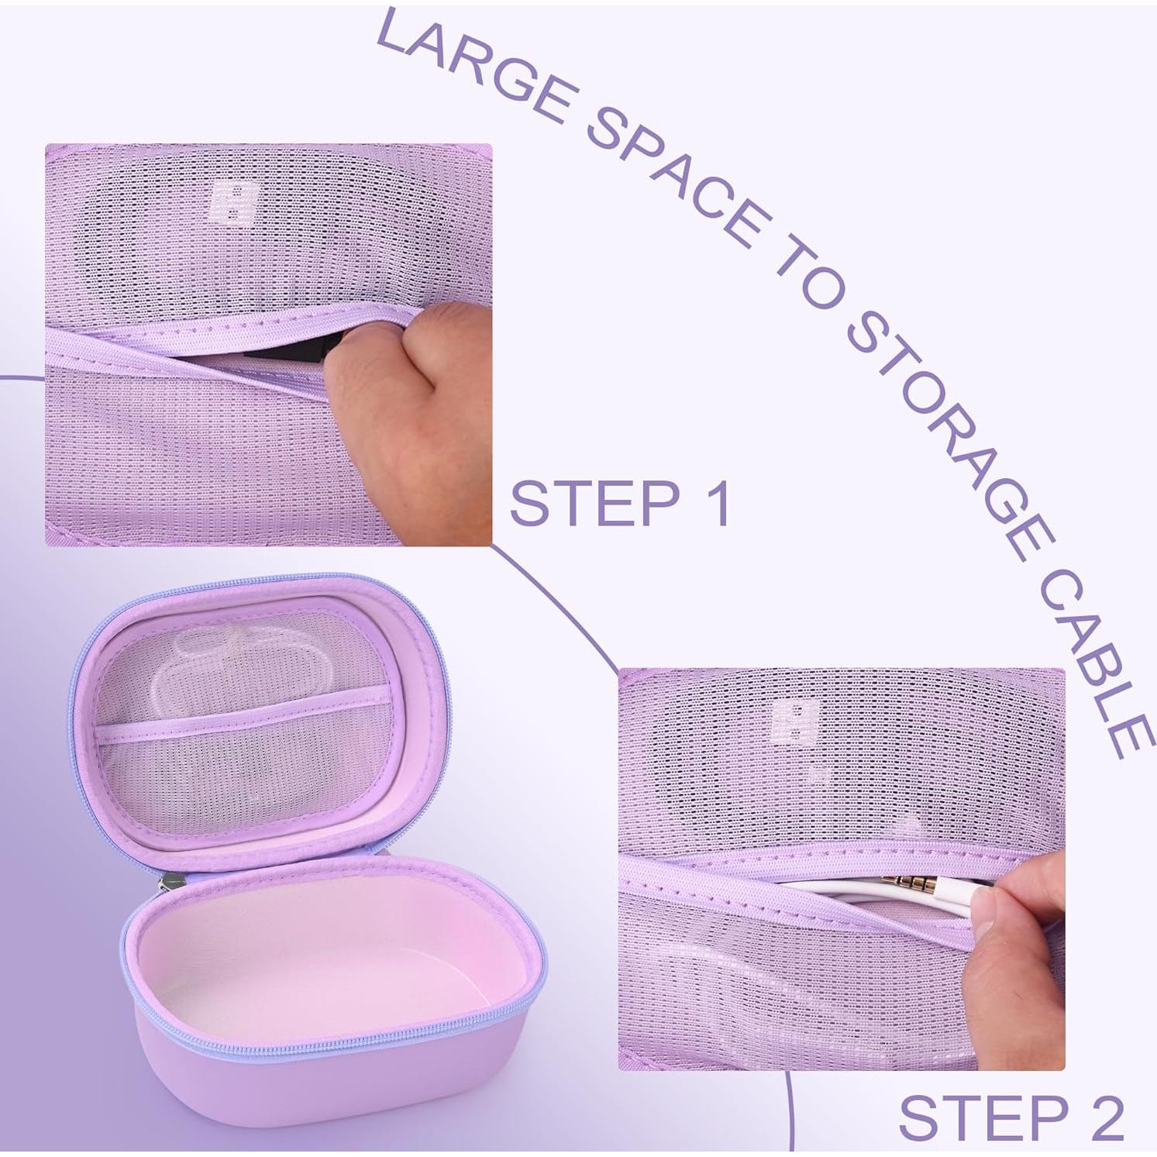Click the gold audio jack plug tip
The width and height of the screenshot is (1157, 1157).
click(x=907, y=881)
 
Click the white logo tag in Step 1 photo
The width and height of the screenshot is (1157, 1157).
click(x=232, y=203)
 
